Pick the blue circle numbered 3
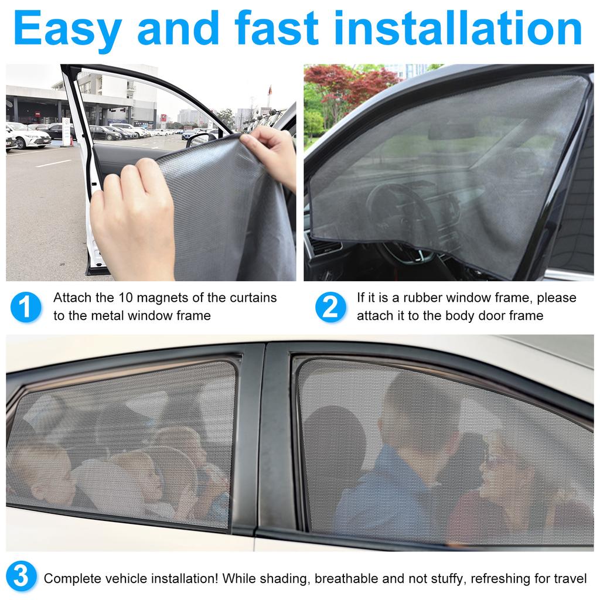[x=21, y=577]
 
